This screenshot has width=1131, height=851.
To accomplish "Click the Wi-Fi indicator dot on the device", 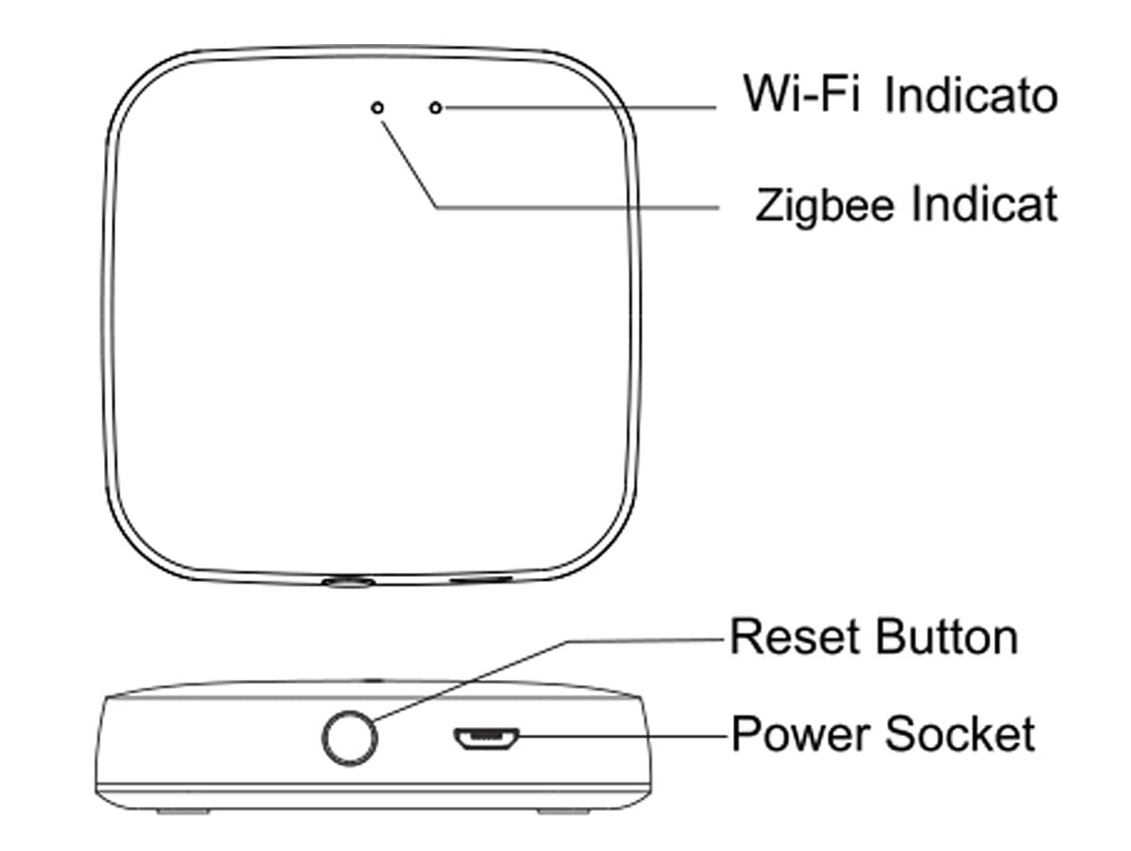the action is (436, 108).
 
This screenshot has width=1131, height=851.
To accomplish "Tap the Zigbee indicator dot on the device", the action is (378, 108).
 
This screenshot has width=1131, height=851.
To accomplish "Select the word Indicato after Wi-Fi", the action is (972, 96).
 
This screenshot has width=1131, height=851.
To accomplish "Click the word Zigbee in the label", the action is (824, 206).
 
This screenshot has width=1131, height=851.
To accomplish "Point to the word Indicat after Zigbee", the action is (985, 204).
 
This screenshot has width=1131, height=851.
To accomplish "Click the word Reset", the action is (795, 637).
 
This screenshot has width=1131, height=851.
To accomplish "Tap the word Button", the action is (947, 637).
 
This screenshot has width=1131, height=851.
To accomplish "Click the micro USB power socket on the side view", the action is (486, 738).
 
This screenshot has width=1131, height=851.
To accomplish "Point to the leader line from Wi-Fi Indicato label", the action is (581, 108).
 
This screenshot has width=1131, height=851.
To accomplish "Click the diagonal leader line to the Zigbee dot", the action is (408, 165).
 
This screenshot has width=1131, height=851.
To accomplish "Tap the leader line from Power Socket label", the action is (623, 736).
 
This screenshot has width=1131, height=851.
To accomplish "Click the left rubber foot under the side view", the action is (183, 811).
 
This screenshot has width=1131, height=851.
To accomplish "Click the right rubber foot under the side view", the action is (564, 811).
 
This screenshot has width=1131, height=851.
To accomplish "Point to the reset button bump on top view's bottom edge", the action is (348, 583).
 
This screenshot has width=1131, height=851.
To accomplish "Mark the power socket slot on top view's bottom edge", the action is (481, 579).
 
